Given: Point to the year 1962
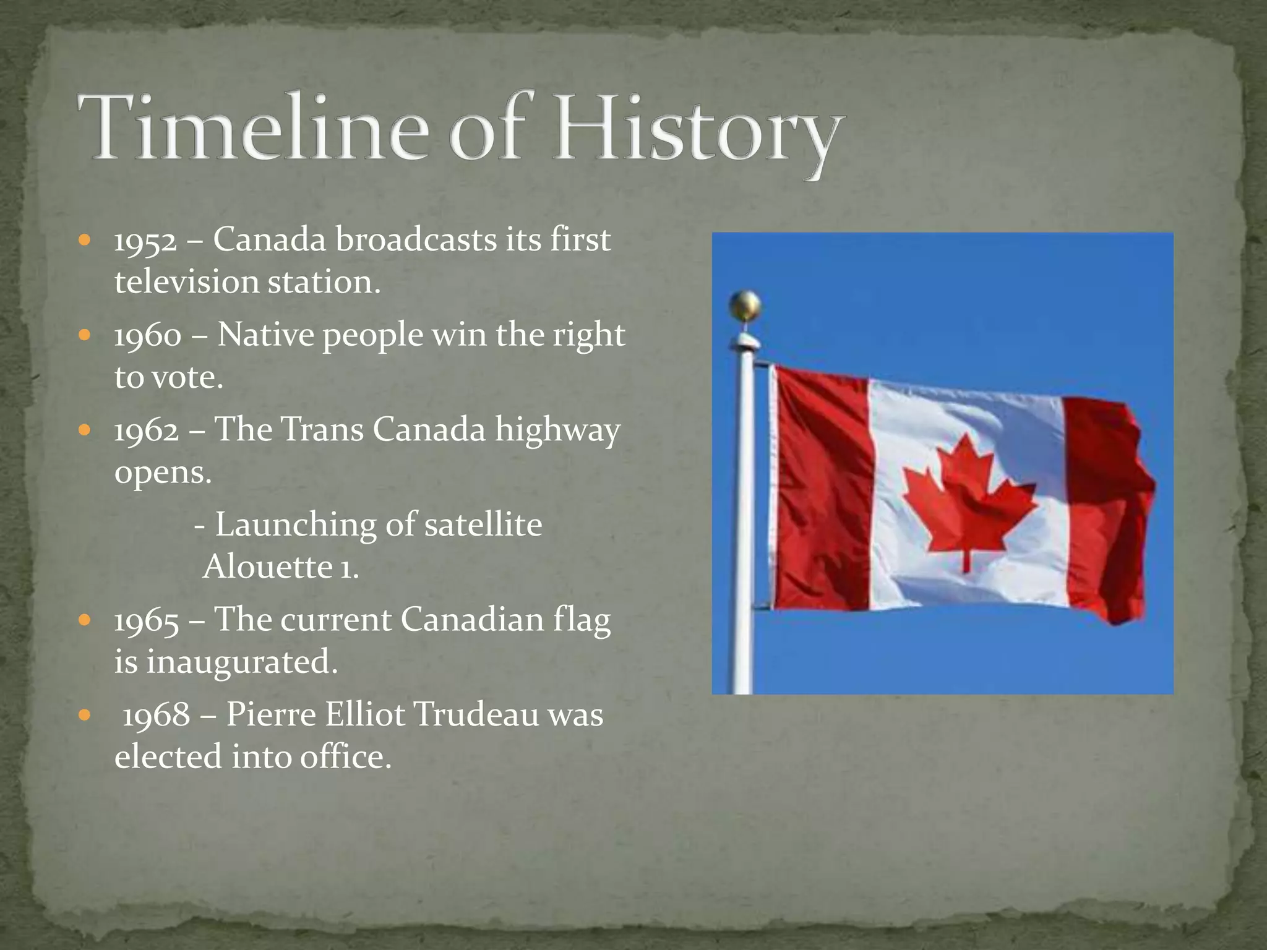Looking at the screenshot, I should [147, 431].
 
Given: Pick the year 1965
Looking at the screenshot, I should [147, 621].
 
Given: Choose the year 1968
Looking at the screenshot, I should [157, 716].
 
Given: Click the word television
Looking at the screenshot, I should [186, 282].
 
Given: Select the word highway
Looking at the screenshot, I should [557, 431].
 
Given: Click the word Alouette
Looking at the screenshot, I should [267, 567].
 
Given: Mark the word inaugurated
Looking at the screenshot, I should [241, 662].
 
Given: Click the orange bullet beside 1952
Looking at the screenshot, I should [85, 240].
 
